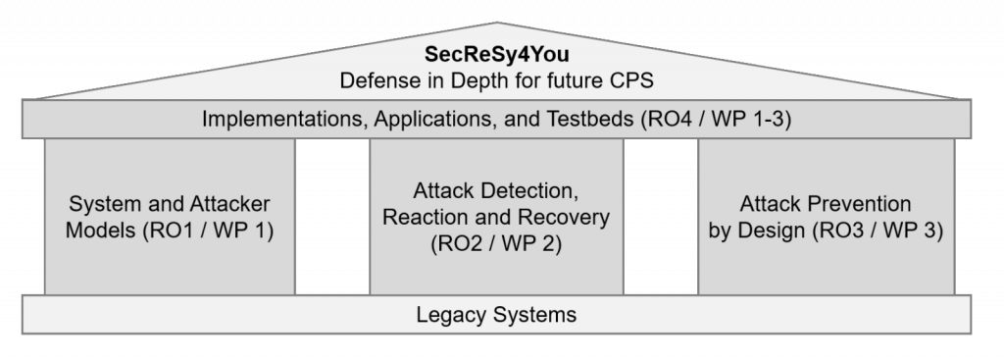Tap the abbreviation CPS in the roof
632,80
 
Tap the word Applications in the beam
410,121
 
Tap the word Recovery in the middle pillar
571,216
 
